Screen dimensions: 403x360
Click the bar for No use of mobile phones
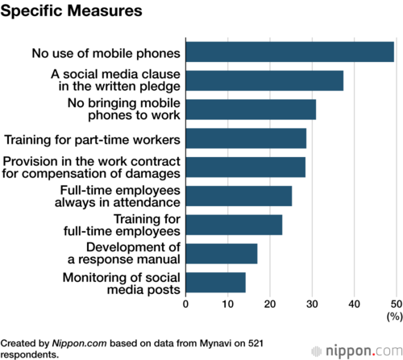[290, 52]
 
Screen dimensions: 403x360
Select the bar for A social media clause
[264, 81]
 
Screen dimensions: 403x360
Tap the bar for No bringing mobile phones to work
[251, 110]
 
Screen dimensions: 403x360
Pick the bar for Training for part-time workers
[246, 139]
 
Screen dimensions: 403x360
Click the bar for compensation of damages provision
[246, 168]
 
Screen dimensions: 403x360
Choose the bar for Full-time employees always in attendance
[239, 196]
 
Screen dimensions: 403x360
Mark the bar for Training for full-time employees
[234, 225]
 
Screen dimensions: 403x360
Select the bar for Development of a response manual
[222, 254]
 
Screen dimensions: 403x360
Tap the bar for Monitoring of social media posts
[216, 283]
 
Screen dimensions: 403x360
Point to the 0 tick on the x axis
[185, 304]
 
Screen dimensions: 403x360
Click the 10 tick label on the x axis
[227, 304]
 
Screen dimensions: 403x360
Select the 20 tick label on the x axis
[270, 304]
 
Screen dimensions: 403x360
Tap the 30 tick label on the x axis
[312, 304]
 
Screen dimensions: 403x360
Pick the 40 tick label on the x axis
[354, 304]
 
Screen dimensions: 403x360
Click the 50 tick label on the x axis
[397, 304]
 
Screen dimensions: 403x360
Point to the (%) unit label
[394, 317]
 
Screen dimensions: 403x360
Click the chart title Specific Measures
[71, 11]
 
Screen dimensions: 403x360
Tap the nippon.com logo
[357, 351]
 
